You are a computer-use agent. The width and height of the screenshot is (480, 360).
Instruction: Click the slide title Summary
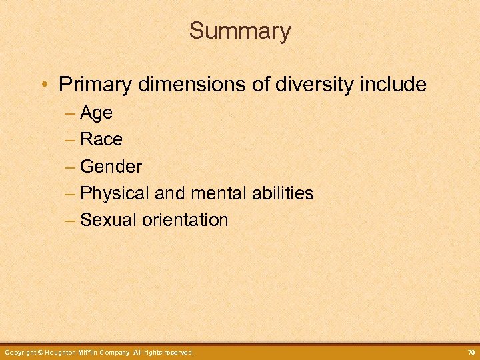tap(240, 31)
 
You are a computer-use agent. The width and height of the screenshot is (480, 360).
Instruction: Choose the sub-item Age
tap(96, 113)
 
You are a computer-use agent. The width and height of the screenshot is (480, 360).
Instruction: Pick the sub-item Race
tap(101, 139)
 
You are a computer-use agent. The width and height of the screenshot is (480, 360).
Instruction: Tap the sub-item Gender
tap(111, 166)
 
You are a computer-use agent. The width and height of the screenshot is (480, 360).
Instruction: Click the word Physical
tap(115, 193)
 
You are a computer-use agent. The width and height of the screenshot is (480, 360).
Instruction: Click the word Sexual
tap(108, 220)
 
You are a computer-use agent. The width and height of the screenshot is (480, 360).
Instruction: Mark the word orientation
tap(185, 220)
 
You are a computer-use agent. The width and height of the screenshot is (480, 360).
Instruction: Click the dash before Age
tap(71, 113)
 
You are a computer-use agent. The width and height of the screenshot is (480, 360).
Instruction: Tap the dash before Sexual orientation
tap(71, 220)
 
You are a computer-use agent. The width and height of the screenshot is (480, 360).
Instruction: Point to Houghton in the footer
tap(64, 352)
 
